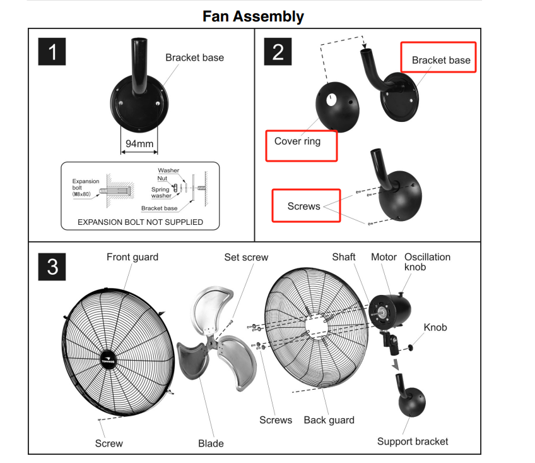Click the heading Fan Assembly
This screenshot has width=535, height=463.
point(253,16)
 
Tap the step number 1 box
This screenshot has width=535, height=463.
point(52,52)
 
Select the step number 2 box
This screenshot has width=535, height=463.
point(278,52)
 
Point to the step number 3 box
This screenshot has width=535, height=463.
point(52,267)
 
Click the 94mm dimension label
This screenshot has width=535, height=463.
point(139,143)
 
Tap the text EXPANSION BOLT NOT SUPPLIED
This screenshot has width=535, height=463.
point(140,222)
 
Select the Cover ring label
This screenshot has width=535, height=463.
point(298,141)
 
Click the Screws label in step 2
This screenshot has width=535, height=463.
point(303,207)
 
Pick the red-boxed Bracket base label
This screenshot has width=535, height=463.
point(441,60)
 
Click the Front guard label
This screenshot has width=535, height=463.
point(132,257)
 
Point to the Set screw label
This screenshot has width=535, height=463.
point(246,257)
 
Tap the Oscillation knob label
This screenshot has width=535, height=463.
point(427,262)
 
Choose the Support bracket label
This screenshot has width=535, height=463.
point(413,442)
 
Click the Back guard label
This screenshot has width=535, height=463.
point(329,420)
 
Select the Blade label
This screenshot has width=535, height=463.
point(211,443)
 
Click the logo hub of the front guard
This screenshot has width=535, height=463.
point(109,360)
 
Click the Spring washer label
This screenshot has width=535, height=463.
point(161,193)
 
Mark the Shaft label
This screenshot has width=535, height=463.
point(344,257)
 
